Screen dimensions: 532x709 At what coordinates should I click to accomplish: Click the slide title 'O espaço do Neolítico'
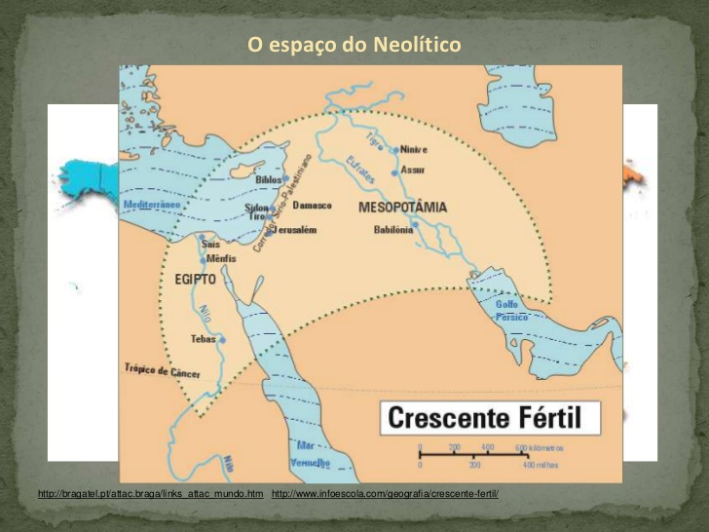pyautogui.click(x=354, y=45)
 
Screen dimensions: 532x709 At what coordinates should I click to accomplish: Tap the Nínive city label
pyautogui.click(x=414, y=149)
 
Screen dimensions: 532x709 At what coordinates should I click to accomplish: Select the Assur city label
pyautogui.click(x=413, y=170)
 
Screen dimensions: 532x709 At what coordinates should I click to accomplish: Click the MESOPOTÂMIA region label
pyautogui.click(x=402, y=208)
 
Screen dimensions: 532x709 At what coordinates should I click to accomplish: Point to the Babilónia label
pyautogui.click(x=393, y=230)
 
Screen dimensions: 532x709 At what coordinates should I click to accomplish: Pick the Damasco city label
pyautogui.click(x=313, y=206)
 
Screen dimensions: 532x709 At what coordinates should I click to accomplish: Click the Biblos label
pyautogui.click(x=268, y=180)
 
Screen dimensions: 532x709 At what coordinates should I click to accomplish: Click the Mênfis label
pyautogui.click(x=222, y=259)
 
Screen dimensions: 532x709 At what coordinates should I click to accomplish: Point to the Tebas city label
pyautogui.click(x=203, y=339)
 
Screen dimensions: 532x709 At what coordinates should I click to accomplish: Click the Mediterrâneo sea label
pyautogui.click(x=151, y=206)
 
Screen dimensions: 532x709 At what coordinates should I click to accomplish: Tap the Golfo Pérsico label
pyautogui.click(x=512, y=311)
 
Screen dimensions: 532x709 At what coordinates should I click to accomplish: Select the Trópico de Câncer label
pyautogui.click(x=162, y=370)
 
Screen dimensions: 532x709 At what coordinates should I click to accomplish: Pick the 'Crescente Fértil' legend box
pyautogui.click(x=489, y=418)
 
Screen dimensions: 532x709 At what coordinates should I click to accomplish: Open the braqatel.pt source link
pyautogui.click(x=150, y=495)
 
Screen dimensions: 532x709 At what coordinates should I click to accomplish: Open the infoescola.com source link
pyautogui.click(x=385, y=495)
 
